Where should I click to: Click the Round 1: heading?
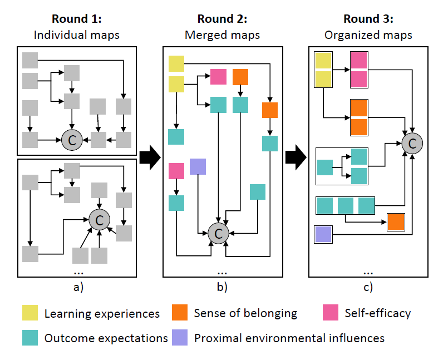[x=77, y=19]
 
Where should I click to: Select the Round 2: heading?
[x=222, y=19]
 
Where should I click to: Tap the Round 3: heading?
[x=368, y=19]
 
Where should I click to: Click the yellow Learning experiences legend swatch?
[x=30, y=313]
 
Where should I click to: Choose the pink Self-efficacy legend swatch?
[x=331, y=313]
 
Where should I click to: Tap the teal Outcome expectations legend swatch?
[x=30, y=338]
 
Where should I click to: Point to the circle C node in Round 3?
[x=412, y=144]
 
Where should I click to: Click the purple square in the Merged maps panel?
[x=198, y=166]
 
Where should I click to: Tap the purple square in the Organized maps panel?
[x=323, y=234]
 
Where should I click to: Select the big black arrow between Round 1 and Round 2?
[x=149, y=159]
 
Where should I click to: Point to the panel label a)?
[x=77, y=288]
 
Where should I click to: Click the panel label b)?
[x=222, y=288]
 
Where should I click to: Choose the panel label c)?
[x=368, y=288]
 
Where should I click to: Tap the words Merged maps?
[x=222, y=35]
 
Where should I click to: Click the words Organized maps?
[x=368, y=35]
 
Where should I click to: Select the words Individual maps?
[x=77, y=35]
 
